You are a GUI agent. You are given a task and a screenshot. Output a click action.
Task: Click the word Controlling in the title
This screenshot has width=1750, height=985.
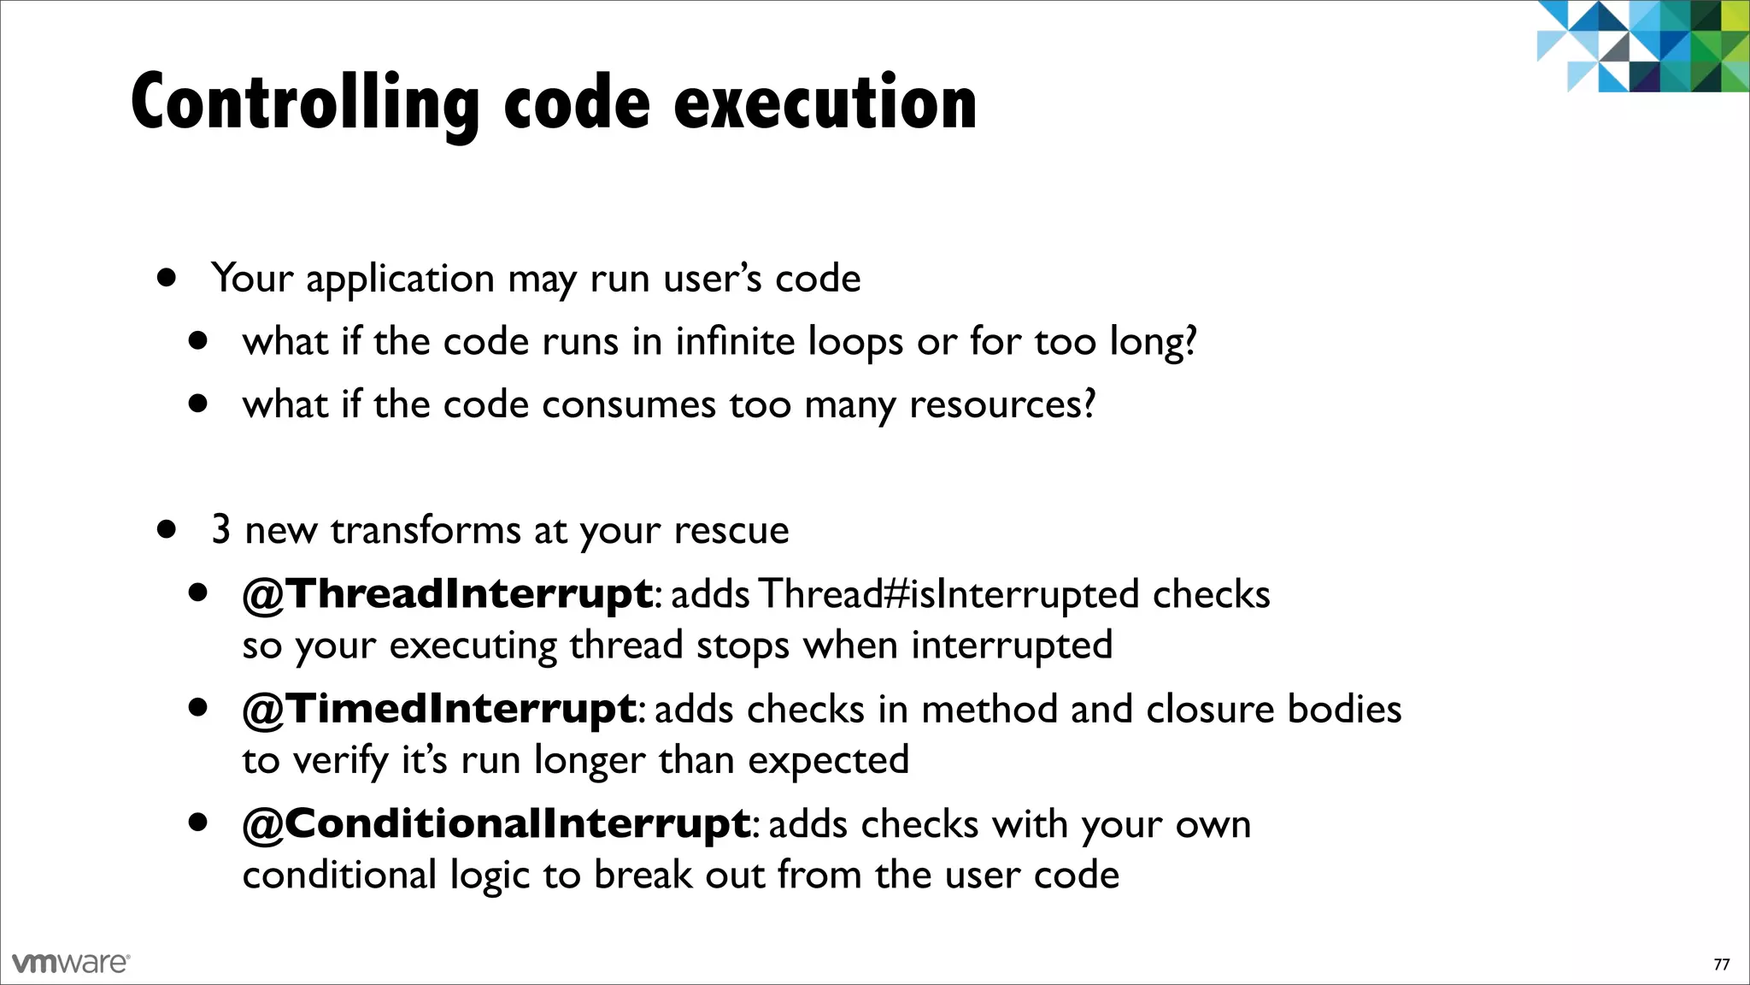[305, 104]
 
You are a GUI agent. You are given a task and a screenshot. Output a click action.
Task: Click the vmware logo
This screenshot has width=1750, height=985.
[71, 963]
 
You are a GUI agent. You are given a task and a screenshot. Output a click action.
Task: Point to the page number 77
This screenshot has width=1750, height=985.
[1722, 964]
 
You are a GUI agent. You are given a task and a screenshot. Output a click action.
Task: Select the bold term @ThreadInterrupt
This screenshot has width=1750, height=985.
[448, 594]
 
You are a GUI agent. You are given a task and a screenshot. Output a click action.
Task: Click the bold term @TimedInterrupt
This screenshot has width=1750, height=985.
[439, 709]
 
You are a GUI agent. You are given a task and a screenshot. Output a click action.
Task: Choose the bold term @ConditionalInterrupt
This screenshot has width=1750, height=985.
[496, 824]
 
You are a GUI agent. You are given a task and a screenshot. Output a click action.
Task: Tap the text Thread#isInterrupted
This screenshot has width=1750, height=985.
[948, 594]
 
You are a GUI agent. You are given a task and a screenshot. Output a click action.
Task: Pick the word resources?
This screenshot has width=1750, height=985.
[1001, 404]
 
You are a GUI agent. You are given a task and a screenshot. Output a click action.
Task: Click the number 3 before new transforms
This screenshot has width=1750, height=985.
[220, 530]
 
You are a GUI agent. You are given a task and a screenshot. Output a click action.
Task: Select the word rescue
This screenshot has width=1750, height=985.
[731, 531]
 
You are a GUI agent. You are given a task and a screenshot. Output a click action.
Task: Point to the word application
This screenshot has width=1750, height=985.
[400, 280]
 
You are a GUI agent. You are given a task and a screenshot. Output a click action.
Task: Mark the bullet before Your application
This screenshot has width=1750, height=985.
[167, 278]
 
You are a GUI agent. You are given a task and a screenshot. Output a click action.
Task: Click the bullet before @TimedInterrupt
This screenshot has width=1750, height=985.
[198, 708]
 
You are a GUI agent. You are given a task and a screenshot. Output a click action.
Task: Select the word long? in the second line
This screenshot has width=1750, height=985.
[1153, 342]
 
